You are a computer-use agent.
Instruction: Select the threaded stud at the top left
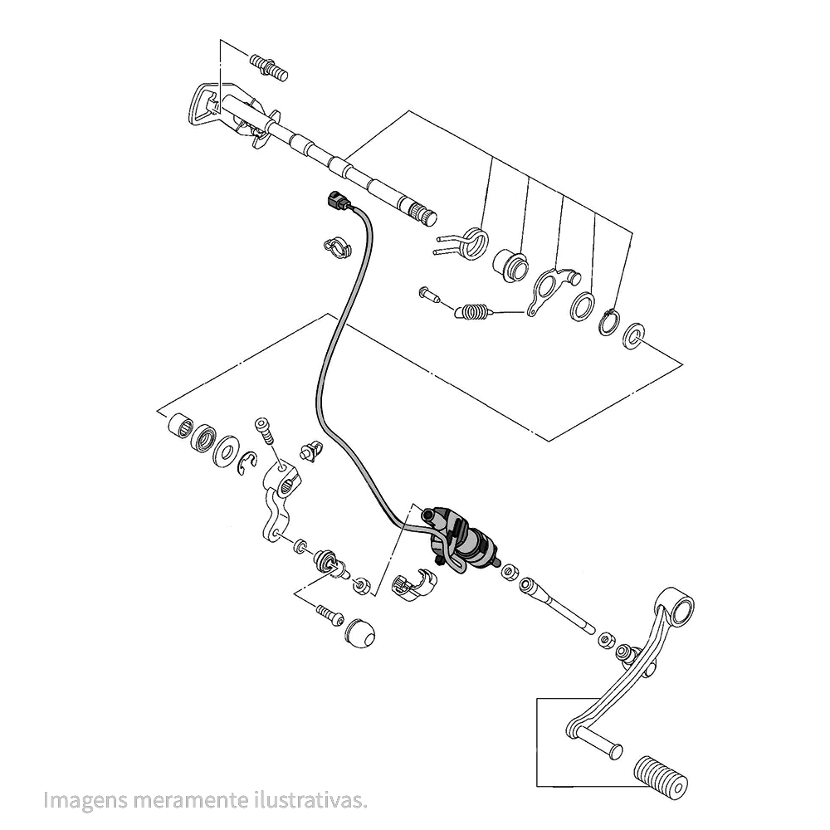pyautogui.click(x=268, y=66)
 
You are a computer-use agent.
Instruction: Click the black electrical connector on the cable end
pyautogui.click(x=334, y=201)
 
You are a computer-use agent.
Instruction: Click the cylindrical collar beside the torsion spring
pyautogui.click(x=510, y=264)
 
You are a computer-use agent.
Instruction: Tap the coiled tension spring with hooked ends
pyautogui.click(x=473, y=314)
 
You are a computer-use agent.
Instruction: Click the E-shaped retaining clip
pyautogui.click(x=247, y=465)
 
